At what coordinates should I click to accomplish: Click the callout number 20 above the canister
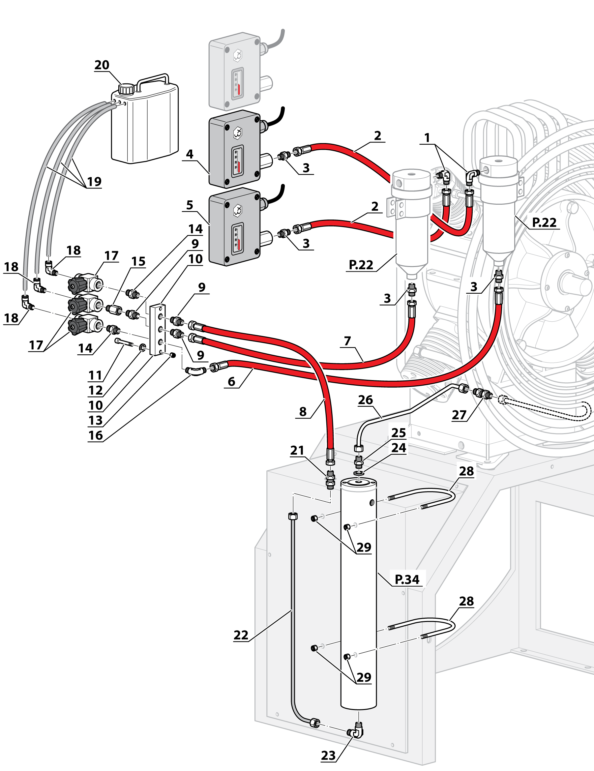(x=102, y=65)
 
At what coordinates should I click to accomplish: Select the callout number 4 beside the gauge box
(x=190, y=154)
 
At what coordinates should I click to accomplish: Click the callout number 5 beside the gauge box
(x=190, y=205)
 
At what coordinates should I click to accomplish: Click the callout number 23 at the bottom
(x=328, y=756)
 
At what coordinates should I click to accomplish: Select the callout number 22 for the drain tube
(x=241, y=635)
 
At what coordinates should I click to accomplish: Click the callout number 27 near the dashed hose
(x=459, y=415)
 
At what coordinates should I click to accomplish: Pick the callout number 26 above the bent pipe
(x=365, y=400)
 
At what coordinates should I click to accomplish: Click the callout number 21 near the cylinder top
(x=297, y=451)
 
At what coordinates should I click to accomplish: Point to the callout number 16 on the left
(x=95, y=435)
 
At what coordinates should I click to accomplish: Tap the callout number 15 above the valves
(x=138, y=262)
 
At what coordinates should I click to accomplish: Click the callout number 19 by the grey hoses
(x=94, y=182)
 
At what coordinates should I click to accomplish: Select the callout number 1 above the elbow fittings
(x=427, y=138)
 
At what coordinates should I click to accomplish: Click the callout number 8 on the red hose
(x=303, y=412)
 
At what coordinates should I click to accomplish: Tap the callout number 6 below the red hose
(x=231, y=382)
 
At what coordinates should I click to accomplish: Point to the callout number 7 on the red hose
(x=348, y=341)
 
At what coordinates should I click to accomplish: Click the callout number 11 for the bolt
(x=95, y=375)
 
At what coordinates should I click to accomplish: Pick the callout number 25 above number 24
(x=399, y=433)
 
